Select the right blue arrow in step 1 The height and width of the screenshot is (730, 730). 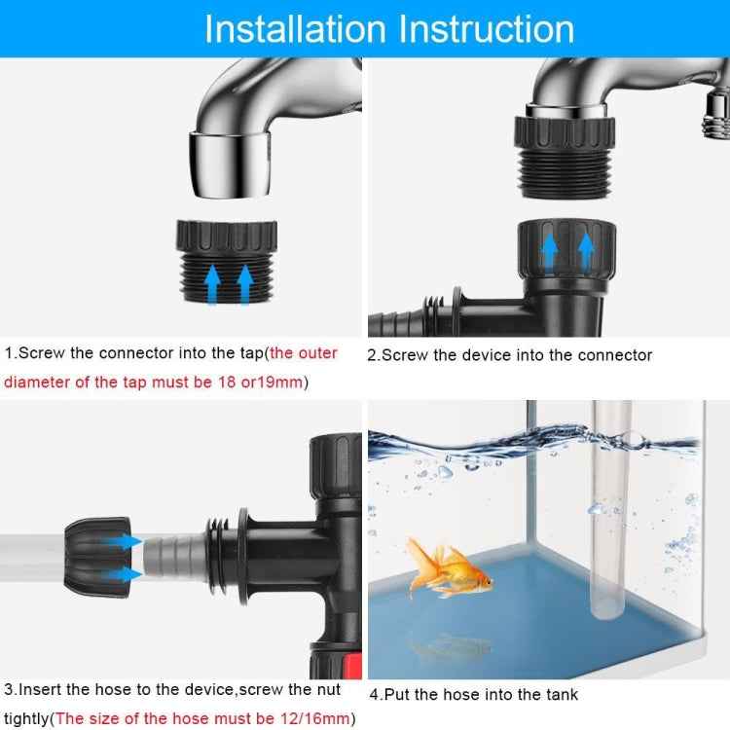point(244,285)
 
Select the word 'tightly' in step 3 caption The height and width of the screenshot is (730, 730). point(26,718)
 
